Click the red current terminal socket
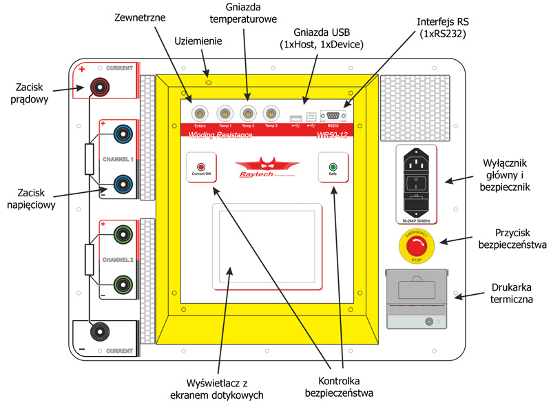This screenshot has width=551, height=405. [x=102, y=87]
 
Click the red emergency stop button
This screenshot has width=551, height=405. [x=417, y=246]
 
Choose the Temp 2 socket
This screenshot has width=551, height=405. [x=247, y=112]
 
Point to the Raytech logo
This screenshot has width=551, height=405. [x=267, y=166]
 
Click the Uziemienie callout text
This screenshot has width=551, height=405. [x=198, y=41]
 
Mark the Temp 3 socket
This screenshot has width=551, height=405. [x=271, y=112]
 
